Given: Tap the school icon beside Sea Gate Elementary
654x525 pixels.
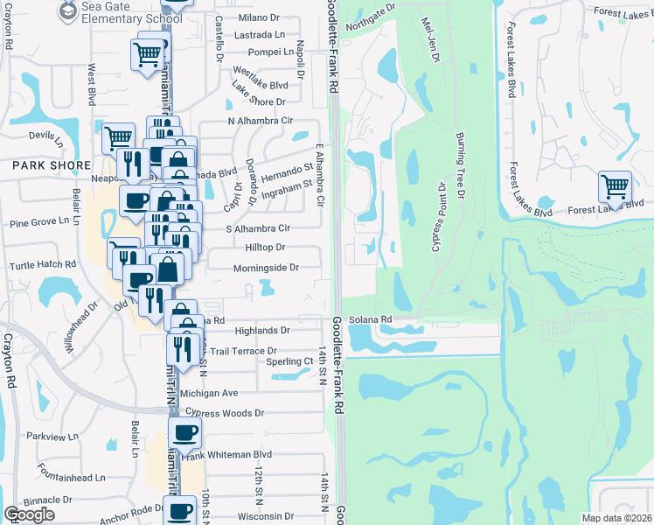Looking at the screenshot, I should [x=67, y=10].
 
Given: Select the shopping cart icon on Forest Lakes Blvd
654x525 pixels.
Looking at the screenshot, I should [x=615, y=187].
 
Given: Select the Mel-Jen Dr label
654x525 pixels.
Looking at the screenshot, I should [x=428, y=40].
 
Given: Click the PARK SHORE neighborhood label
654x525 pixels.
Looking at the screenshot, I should [x=51, y=164].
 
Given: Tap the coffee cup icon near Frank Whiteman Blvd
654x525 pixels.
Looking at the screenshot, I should [x=184, y=432].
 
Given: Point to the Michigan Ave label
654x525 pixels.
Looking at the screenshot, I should [x=209, y=394].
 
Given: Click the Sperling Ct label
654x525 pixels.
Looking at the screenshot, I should [x=289, y=361].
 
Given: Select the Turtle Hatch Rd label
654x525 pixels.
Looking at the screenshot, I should [x=44, y=264].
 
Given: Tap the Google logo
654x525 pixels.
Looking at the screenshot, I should [x=30, y=514].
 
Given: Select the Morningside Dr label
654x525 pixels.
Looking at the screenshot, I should [x=266, y=268].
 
